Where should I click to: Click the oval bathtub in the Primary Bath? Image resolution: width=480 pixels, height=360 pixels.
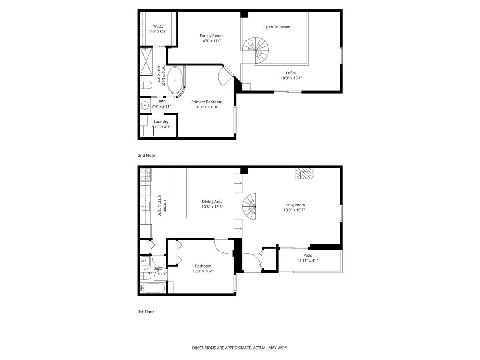pyautogui.click(x=175, y=80)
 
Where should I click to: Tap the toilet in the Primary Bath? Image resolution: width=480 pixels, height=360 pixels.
pyautogui.click(x=146, y=86)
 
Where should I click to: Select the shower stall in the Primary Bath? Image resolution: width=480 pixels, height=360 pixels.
pyautogui.click(x=146, y=62)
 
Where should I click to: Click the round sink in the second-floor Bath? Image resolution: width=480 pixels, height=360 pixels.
pyautogui.click(x=145, y=106)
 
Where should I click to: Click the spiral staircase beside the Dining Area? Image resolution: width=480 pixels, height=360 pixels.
pyautogui.click(x=249, y=206)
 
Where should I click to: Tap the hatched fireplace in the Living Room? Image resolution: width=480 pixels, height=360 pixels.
pyautogui.click(x=304, y=174)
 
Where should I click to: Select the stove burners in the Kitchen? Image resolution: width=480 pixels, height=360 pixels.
pyautogui.click(x=146, y=175)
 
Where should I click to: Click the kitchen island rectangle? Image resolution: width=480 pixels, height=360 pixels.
pyautogui.click(x=178, y=193)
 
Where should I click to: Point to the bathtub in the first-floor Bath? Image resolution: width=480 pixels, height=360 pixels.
pyautogui.click(x=152, y=288)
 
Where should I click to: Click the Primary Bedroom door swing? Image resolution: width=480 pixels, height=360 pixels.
pyautogui.click(x=226, y=76)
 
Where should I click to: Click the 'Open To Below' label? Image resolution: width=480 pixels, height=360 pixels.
pyautogui.click(x=277, y=27)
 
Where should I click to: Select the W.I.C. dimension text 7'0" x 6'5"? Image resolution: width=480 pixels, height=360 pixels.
pyautogui.click(x=158, y=32)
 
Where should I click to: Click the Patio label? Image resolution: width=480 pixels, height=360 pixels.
pyautogui.click(x=308, y=255)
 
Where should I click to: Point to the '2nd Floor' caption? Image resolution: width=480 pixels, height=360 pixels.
pyautogui.click(x=146, y=156)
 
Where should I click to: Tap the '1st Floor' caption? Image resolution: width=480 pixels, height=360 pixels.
pyautogui.click(x=146, y=312)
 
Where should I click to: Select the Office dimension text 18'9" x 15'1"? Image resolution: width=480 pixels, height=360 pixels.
pyautogui.click(x=291, y=78)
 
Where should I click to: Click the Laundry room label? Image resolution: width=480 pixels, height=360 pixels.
pyautogui.click(x=161, y=122)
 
